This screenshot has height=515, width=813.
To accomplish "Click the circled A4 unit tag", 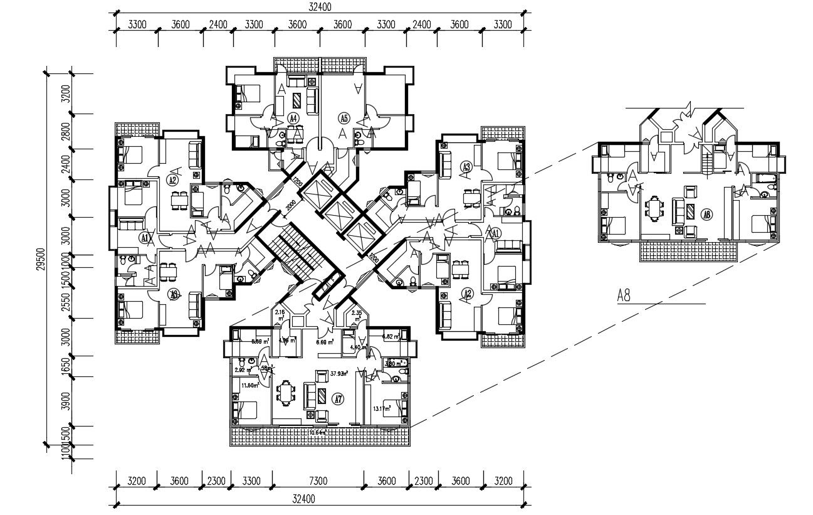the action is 293,117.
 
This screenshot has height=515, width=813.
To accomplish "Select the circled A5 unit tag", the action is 343,117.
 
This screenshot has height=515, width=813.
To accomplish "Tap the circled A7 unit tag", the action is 338,398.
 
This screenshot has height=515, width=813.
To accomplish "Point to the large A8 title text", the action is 624,295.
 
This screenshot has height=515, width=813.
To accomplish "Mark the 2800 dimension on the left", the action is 65,132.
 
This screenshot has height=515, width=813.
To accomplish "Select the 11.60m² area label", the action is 251,386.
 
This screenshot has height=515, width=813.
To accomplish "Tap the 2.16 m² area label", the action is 280,314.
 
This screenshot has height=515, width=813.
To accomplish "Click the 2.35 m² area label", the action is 357,315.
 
